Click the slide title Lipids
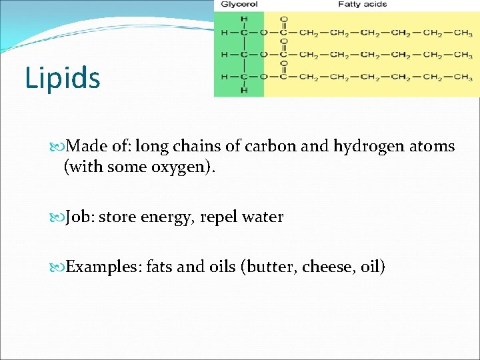[x=63, y=77]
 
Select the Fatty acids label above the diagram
[x=362, y=5]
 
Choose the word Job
[x=81, y=217]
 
